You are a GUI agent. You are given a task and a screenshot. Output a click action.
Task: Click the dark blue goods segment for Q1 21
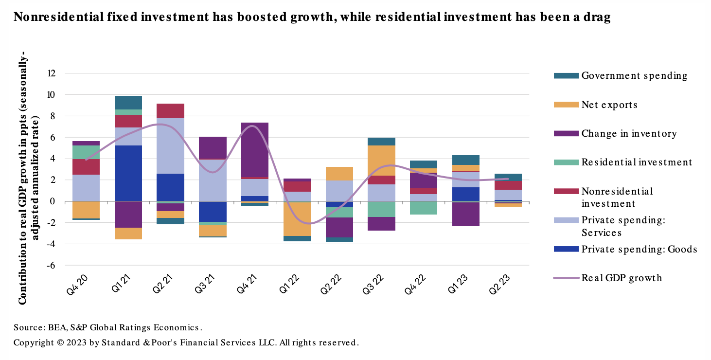(128, 173)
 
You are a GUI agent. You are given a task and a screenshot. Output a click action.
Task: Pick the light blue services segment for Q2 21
(170, 146)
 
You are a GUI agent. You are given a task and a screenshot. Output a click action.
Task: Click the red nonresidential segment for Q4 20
(86, 167)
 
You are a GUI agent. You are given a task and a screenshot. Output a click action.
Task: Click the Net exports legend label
(609, 105)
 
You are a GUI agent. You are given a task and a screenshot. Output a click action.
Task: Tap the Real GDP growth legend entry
(622, 278)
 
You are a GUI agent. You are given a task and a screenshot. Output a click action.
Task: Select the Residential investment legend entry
(637, 162)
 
